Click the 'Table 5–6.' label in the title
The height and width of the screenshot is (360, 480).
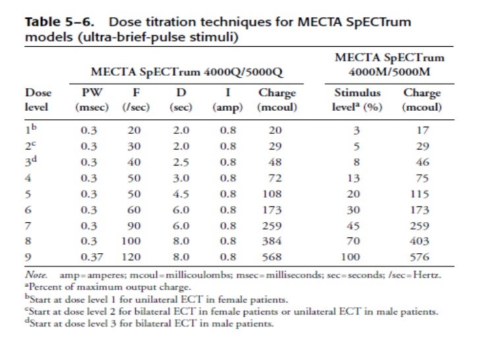point(55,22)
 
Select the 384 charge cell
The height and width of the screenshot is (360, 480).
point(272,241)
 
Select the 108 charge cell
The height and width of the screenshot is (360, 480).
point(272,194)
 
